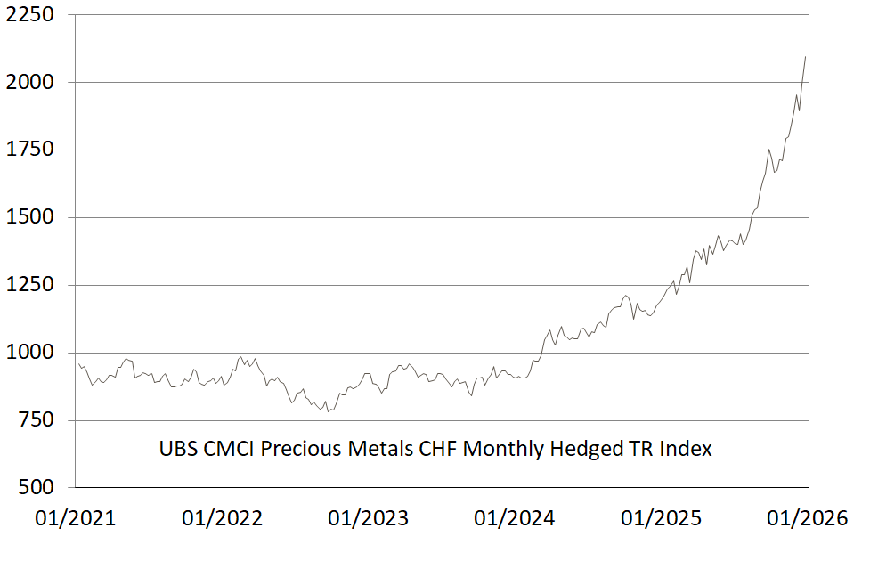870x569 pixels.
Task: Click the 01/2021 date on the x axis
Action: tap(76, 518)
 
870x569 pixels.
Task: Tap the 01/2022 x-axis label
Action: tap(222, 518)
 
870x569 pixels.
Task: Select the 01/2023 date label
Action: tap(368, 518)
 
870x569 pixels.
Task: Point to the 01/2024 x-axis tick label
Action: tap(514, 518)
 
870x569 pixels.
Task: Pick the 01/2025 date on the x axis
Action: tap(661, 518)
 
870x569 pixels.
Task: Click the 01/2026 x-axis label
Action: tap(807, 518)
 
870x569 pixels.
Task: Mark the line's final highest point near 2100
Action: tap(805, 57)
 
